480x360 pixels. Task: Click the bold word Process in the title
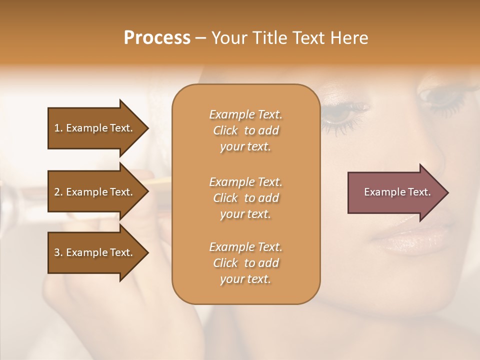coord(156,38)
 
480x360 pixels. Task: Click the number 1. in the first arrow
coord(58,128)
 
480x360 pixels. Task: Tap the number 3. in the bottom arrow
coord(58,252)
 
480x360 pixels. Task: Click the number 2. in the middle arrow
coord(58,192)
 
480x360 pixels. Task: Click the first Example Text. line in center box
coord(245,114)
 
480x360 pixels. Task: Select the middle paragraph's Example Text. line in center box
coord(245,181)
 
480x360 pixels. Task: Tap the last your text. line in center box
coord(245,279)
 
